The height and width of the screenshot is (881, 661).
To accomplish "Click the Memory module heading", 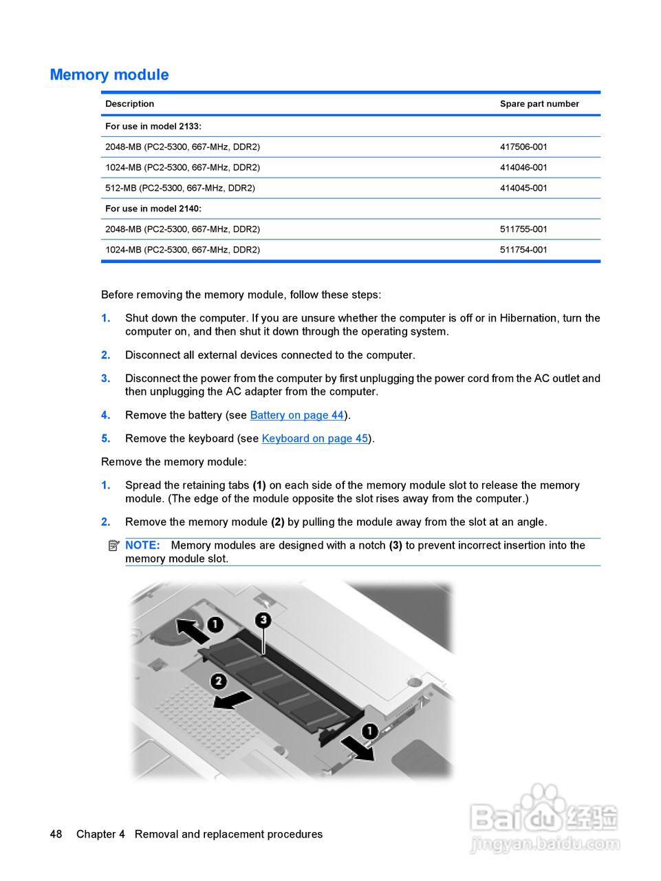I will coord(109,75).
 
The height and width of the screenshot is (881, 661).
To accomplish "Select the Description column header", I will coord(129,104).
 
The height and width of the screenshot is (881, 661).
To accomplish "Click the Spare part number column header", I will coord(539,104).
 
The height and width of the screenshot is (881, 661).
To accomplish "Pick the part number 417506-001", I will coord(523,147).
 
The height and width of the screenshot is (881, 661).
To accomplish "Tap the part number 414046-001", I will coord(523,167).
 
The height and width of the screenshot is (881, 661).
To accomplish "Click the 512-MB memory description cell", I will coord(180,188).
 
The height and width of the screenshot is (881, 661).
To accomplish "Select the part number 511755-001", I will coord(523,229).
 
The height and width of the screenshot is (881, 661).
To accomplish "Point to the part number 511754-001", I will coord(523,250).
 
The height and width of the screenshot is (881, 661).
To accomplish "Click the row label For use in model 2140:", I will coord(153,209).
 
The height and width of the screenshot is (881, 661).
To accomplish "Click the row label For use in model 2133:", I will coord(153,127).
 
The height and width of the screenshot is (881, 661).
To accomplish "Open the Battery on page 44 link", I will coord(296,415).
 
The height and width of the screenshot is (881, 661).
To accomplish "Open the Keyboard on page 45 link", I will coord(314,438).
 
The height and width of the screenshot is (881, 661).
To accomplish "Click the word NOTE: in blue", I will coord(142,545).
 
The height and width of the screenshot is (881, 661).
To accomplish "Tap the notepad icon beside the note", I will coord(113,545).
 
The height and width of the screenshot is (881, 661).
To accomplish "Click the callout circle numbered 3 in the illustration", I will coord(263,620).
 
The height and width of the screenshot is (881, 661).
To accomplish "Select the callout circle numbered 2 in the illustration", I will coord(219,681).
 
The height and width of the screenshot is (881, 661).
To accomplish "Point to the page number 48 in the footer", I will coord(56,834).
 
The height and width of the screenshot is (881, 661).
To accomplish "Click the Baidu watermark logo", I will coord(543,819).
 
